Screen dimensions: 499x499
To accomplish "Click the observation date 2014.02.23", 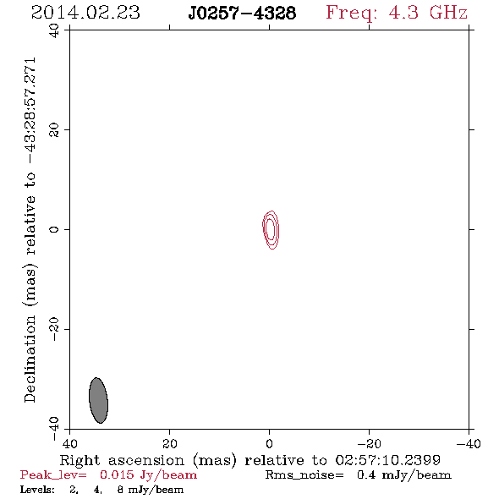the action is [85, 13].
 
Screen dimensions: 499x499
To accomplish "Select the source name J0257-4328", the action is [242, 14].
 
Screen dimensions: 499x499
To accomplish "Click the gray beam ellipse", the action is [98, 400].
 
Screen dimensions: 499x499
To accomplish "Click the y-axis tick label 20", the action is [54, 130].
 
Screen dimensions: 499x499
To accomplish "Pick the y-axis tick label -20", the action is [54, 329].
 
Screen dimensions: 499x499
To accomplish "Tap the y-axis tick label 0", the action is [54, 229].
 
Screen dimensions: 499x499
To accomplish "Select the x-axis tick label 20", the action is [170, 444].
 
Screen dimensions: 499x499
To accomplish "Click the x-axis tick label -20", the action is [369, 444].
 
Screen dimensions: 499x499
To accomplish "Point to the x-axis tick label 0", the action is [270, 444].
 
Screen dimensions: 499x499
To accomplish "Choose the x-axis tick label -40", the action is [469, 444].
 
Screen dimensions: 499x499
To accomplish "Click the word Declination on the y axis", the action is [30, 359].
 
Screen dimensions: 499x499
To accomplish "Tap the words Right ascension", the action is [122, 460].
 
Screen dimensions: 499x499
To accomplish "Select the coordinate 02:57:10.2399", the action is [387, 460].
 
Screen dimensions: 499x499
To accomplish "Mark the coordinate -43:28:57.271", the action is [30, 111].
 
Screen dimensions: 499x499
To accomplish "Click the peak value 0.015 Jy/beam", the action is [148, 474].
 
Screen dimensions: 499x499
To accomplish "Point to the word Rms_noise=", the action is [304, 475].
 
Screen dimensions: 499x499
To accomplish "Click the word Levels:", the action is [37, 490].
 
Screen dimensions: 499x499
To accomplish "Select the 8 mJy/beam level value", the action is [151, 490].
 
